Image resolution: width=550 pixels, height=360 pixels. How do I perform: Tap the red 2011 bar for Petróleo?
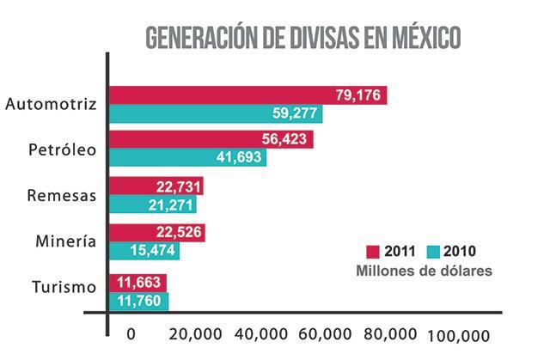[211, 140]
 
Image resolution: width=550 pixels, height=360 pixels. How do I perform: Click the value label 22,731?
[177, 186]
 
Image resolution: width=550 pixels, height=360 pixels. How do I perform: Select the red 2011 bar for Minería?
[157, 233]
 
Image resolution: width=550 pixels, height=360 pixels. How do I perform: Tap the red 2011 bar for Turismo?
[137, 283]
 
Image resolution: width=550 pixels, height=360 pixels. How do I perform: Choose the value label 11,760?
[141, 301]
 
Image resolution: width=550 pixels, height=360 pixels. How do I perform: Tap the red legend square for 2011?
[374, 252]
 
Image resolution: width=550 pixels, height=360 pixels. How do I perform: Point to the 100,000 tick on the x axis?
[457, 335]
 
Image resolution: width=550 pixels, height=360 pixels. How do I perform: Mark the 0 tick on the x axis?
[131, 334]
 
